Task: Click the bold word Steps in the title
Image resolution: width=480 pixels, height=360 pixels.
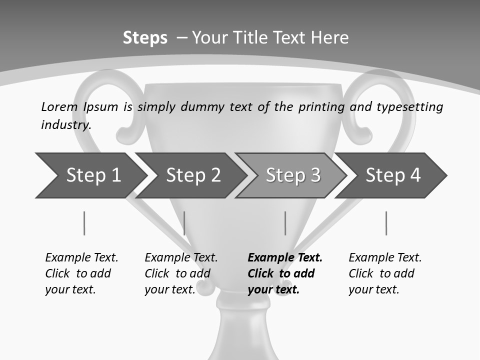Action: coord(145,38)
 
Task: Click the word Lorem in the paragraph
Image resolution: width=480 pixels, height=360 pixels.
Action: coord(59,106)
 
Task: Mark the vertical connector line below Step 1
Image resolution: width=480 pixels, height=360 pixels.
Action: coord(84,223)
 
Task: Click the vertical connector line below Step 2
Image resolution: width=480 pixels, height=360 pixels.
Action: coord(184,223)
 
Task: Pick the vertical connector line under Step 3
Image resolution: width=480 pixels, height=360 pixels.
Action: coord(285,223)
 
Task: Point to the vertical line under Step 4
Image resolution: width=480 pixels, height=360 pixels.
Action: coord(386,223)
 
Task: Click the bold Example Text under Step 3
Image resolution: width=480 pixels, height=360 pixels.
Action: coord(285,258)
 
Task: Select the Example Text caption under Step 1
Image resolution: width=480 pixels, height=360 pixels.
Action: coord(81,258)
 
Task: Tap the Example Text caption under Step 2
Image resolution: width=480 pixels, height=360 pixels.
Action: coord(181,258)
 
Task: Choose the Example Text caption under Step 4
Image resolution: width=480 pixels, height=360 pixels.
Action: coord(385,258)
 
